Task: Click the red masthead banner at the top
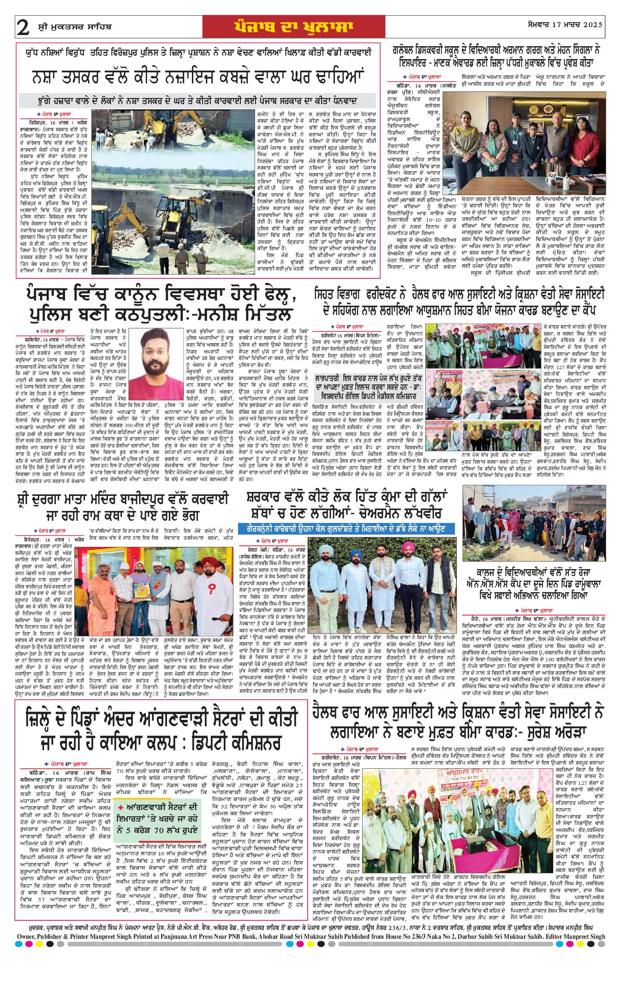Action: point(293,27)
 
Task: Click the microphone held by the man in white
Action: point(215,618)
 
